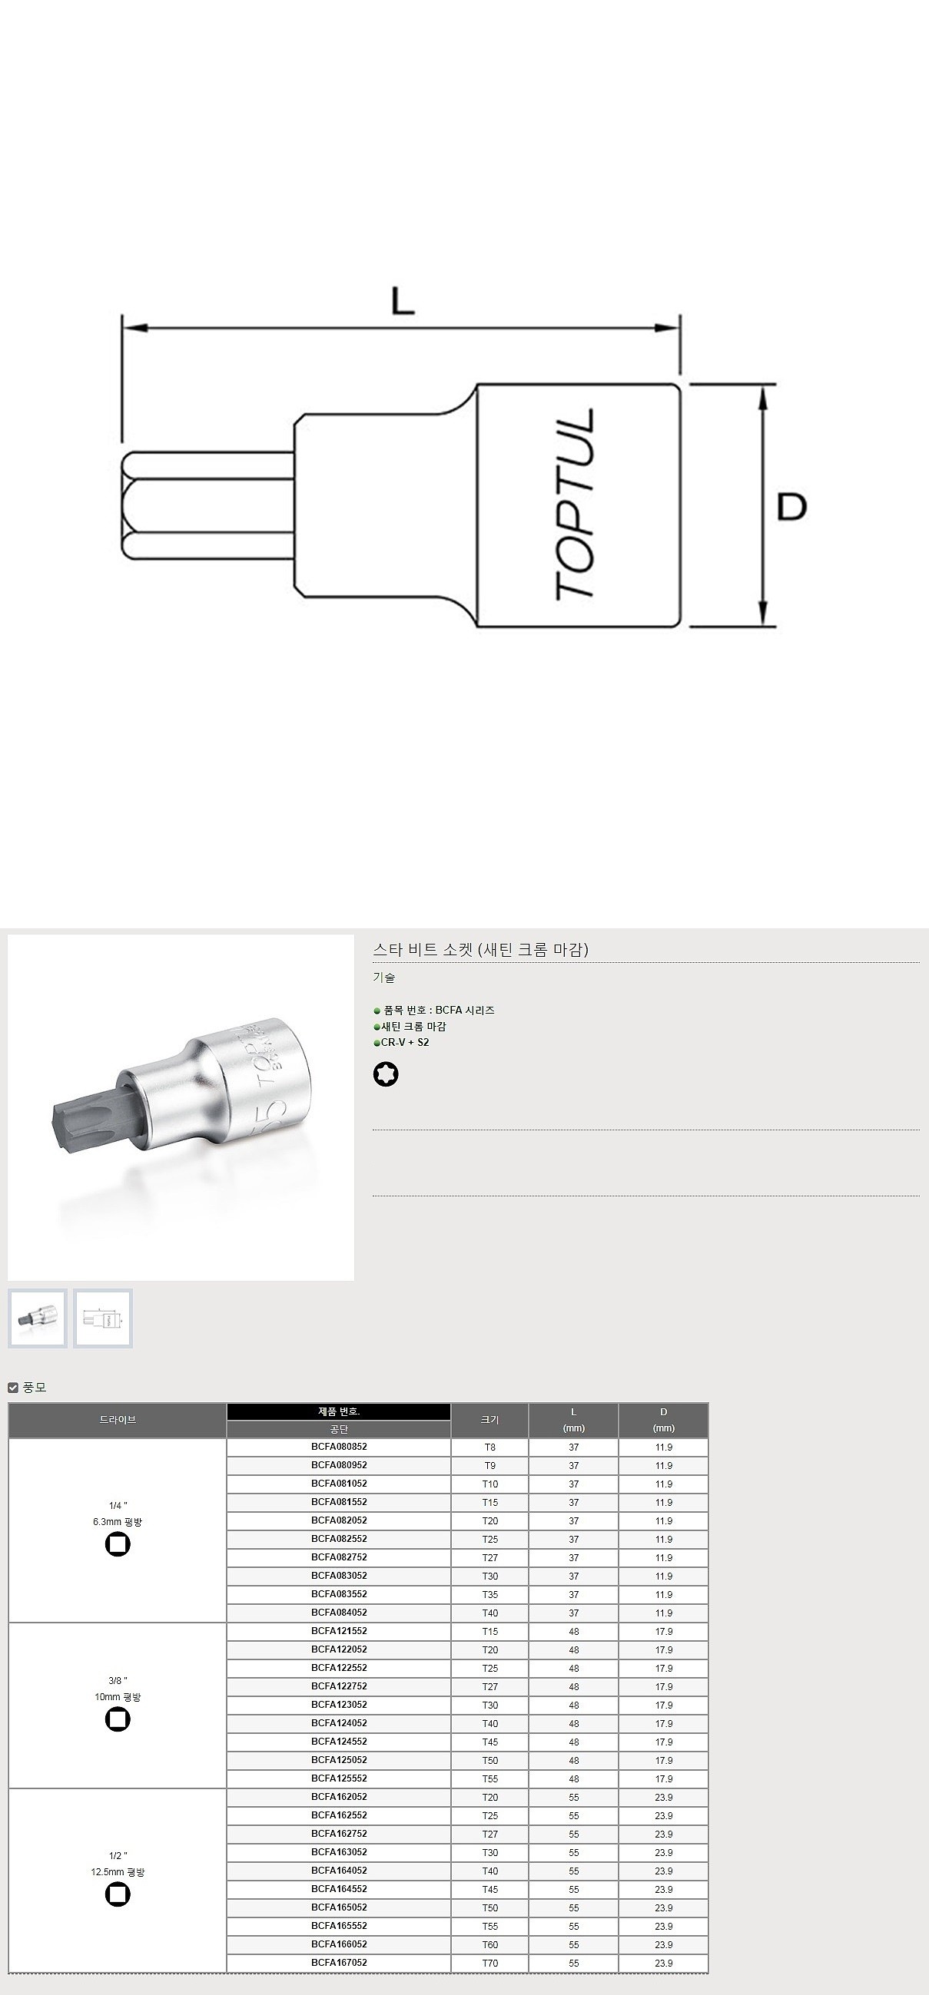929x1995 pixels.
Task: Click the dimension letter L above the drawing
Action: click(402, 300)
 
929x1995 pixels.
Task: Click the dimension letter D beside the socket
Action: click(792, 507)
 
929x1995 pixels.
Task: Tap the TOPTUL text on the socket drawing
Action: click(575, 505)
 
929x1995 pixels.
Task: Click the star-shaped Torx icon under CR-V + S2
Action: click(386, 1074)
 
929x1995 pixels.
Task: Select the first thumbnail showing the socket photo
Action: click(37, 1318)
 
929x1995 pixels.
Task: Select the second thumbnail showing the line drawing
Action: click(103, 1318)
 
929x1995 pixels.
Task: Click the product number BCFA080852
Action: click(339, 1446)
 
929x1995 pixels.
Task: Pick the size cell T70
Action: click(489, 1964)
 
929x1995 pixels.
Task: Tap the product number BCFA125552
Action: click(339, 1778)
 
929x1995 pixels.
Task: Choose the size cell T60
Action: click(489, 1944)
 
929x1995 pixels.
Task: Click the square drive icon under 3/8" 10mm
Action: click(118, 1719)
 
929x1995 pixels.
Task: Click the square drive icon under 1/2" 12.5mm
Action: click(118, 1894)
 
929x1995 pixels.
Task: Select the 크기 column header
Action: click(489, 1420)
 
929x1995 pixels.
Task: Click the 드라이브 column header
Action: click(118, 1420)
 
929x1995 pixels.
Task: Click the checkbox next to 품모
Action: click(13, 1388)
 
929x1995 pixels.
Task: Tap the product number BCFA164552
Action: click(339, 1889)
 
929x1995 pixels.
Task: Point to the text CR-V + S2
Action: click(404, 1042)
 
